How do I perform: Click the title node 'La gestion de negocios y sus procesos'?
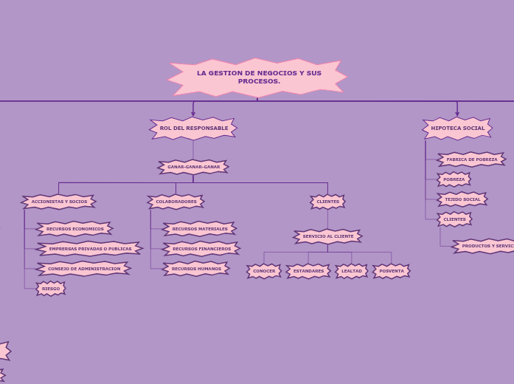258,78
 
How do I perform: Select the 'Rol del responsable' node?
193,128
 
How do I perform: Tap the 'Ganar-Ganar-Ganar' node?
193,167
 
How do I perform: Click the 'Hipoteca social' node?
457,128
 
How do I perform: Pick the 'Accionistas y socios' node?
59,202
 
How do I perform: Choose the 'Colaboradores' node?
176,202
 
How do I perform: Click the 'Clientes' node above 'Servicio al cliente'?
327,202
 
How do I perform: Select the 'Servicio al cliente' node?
327,236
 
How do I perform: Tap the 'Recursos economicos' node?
74,229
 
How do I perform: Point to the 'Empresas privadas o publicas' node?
90,249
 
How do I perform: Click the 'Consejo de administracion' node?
83,269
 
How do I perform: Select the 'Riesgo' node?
51,289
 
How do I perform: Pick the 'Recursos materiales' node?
199,229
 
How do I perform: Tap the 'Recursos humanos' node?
196,269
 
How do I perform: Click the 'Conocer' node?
264,271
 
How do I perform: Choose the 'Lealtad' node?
352,271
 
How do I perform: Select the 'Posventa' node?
392,271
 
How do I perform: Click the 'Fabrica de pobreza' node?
471,160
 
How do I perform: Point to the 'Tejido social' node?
462,199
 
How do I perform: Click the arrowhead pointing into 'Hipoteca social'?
457,114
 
